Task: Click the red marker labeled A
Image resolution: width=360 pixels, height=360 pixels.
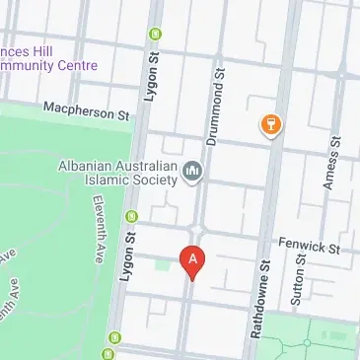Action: click(193, 260)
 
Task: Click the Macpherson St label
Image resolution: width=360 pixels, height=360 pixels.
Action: click(87, 109)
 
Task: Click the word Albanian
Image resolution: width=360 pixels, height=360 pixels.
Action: click(90, 165)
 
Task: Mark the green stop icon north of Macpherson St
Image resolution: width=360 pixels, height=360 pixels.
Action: click(155, 35)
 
